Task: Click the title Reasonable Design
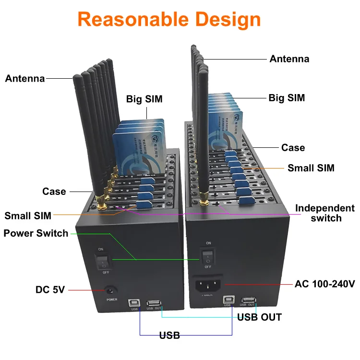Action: (169, 20)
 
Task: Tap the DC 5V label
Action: (50, 289)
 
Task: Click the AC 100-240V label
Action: (324, 284)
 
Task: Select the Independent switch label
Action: (325, 213)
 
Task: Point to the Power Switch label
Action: (36, 233)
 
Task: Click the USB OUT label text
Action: (259, 317)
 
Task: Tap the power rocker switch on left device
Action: (103, 262)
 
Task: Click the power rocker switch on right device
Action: (207, 254)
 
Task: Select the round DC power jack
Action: (111, 290)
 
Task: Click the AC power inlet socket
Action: (207, 286)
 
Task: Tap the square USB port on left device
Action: (133, 303)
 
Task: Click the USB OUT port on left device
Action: (154, 303)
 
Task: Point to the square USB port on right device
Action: (228, 300)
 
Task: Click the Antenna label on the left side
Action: (25, 78)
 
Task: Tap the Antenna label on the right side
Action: (289, 59)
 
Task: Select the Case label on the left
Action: (54, 192)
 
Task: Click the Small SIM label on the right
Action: (311, 168)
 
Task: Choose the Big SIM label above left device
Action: (144, 99)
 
